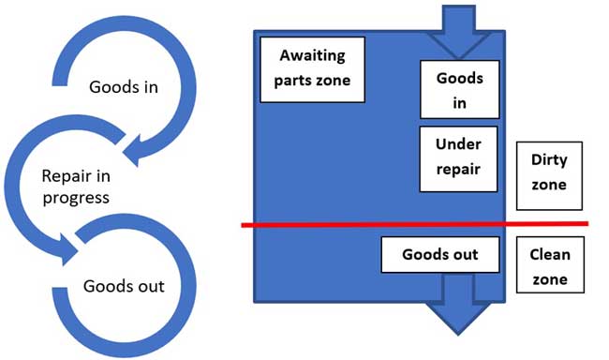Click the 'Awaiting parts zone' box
(312, 68)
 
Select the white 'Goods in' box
(459, 91)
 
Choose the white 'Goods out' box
(439, 255)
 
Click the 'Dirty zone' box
(549, 174)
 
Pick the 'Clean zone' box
(549, 266)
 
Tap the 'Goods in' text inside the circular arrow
(126, 87)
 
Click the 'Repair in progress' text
(76, 186)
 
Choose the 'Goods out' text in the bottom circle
(124, 286)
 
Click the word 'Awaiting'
(312, 58)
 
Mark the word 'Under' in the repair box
(459, 147)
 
